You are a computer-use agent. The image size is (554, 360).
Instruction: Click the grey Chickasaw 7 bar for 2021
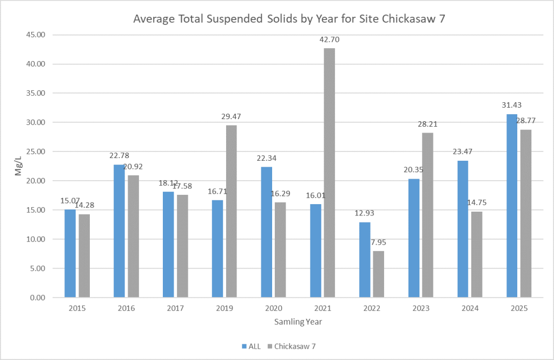[x=329, y=173]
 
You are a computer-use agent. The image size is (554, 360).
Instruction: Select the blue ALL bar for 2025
[x=512, y=206]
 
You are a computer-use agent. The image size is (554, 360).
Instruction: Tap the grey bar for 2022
[x=379, y=274]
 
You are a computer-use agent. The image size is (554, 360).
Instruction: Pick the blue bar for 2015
[x=70, y=253]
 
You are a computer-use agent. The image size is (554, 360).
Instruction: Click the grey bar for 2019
[x=231, y=211]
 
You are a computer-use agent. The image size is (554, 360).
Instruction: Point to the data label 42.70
[x=329, y=40]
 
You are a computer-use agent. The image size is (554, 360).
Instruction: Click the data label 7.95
[x=379, y=242]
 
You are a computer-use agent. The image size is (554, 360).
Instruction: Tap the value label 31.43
[x=511, y=105]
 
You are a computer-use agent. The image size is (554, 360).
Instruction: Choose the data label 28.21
[x=427, y=124]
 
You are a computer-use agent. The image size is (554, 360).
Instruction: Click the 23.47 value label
[x=463, y=152]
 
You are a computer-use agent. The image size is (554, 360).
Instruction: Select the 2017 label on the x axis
[x=175, y=309]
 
